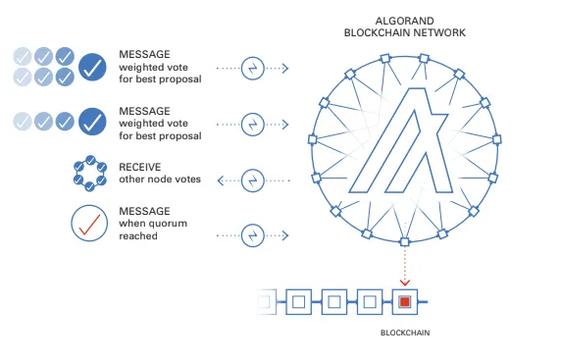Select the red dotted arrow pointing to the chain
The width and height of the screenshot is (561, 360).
click(404, 263)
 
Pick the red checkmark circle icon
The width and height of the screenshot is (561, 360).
click(91, 224)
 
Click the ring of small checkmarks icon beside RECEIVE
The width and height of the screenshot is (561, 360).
click(91, 175)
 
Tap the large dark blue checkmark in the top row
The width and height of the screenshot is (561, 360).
click(93, 68)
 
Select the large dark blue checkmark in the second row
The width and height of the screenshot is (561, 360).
click(93, 122)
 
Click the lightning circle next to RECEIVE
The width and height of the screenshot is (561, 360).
click(253, 180)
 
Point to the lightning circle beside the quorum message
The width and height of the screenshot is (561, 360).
click(253, 234)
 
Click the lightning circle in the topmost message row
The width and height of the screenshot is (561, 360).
click(253, 69)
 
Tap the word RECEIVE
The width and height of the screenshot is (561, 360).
click(140, 168)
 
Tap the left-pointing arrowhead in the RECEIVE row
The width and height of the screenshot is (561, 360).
click(222, 180)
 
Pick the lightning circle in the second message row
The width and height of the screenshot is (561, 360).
click(253, 125)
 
